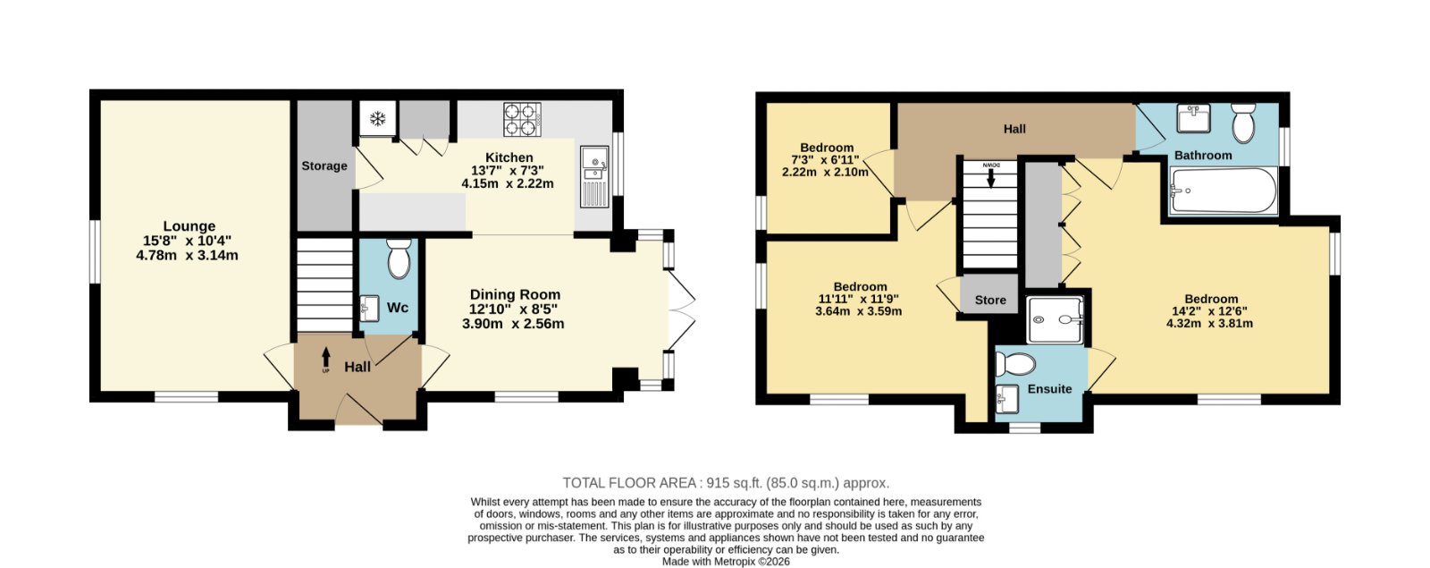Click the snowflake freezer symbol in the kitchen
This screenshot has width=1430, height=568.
click(x=378, y=118)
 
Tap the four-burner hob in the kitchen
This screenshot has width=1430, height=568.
click(x=522, y=120)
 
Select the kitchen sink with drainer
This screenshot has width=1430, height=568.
click(x=594, y=176)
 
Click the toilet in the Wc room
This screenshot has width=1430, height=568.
click(x=399, y=259)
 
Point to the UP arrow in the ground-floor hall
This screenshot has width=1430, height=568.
click(x=326, y=359)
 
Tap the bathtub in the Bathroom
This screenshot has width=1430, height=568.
click(x=1224, y=191)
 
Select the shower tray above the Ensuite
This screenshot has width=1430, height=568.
click(x=1056, y=319)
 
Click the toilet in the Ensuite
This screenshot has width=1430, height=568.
click(x=1015, y=364)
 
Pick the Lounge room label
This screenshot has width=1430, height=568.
click(x=189, y=226)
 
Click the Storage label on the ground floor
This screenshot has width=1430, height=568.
click(x=324, y=166)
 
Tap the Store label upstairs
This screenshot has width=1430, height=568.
click(x=990, y=301)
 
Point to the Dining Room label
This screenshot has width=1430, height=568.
click(x=515, y=294)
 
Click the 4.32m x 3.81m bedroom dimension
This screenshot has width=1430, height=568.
click(x=1210, y=323)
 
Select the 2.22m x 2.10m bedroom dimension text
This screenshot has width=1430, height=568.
click(x=825, y=172)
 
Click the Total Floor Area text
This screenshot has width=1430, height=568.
click(x=726, y=483)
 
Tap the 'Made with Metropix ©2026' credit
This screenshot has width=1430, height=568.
click(x=726, y=562)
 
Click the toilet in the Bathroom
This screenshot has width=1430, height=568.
click(x=1243, y=123)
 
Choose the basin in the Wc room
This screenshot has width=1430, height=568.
click(x=370, y=309)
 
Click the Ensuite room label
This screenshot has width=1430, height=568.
click(x=1049, y=389)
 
